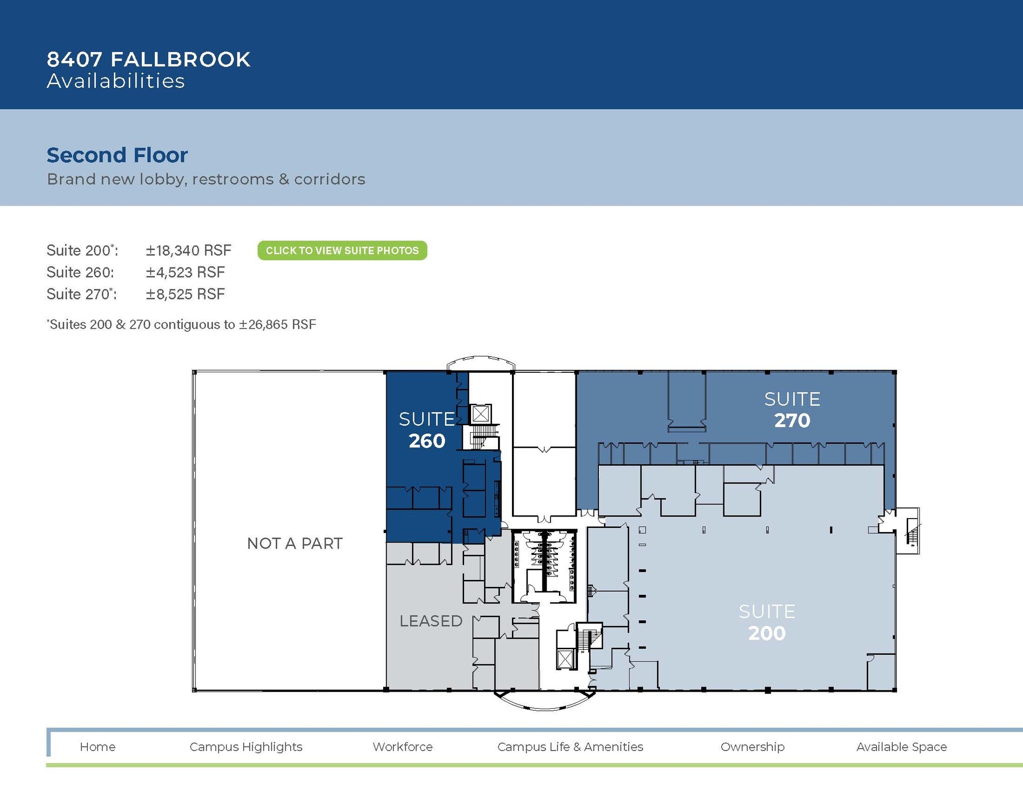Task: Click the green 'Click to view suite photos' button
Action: click(x=342, y=251)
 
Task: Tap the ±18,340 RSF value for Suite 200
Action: click(x=188, y=251)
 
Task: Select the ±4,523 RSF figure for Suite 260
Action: click(x=185, y=272)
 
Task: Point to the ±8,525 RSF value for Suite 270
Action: click(x=185, y=294)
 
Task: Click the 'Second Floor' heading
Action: click(x=117, y=155)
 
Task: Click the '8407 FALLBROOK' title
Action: click(x=148, y=59)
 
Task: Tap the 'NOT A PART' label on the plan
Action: click(x=295, y=543)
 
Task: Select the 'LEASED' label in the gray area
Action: click(x=431, y=621)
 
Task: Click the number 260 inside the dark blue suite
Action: click(x=427, y=441)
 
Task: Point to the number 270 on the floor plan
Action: click(x=792, y=421)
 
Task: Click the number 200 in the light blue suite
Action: click(x=767, y=633)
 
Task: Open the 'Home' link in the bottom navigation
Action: click(x=97, y=747)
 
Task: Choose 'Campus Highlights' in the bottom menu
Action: click(x=246, y=747)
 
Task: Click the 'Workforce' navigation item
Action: click(x=403, y=747)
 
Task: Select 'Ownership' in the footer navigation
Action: click(x=752, y=747)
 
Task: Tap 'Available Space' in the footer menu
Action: click(x=901, y=747)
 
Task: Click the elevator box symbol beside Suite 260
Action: click(x=481, y=414)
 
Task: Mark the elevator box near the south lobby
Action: click(x=565, y=659)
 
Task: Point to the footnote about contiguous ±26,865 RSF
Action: click(x=181, y=325)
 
